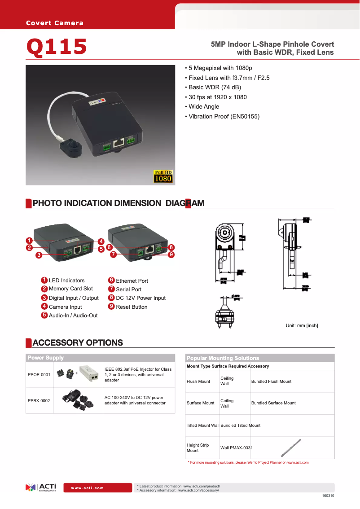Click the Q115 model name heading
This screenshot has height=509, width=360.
pos(57,47)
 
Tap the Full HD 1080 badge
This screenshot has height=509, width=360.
pos(163,176)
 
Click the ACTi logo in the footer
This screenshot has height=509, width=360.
pos(41,487)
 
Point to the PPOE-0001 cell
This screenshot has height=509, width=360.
pos(39,374)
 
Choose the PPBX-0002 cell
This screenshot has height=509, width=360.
pos(39,400)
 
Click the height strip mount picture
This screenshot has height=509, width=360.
pos(291,448)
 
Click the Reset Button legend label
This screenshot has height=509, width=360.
pos(132,307)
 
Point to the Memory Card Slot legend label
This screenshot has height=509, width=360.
pos(71,289)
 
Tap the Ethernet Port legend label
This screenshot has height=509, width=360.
pos(132,281)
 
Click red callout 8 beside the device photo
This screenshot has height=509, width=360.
pos(171,247)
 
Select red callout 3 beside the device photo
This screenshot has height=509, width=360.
pos(39,255)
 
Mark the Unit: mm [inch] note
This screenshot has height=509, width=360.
pos(302,325)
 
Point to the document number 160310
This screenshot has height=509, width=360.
pos(328,496)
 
